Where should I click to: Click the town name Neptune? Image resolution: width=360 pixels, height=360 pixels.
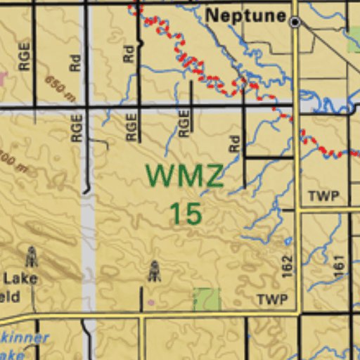pyautogui.click(x=245, y=15)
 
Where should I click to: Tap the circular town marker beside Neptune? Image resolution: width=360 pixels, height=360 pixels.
pyautogui.click(x=295, y=22)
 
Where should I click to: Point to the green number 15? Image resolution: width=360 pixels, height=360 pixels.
pyautogui.click(x=186, y=213)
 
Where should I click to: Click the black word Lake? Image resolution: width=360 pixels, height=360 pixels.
pyautogui.click(x=22, y=278)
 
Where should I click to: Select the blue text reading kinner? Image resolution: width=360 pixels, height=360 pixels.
pyautogui.click(x=26, y=338)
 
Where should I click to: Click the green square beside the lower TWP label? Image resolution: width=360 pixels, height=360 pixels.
pyautogui.click(x=207, y=299)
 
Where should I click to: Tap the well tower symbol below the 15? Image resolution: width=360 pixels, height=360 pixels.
pyautogui.click(x=154, y=271)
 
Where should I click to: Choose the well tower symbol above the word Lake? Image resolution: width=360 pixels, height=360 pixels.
pyautogui.click(x=31, y=256)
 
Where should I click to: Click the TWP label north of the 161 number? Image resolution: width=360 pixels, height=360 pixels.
pyautogui.click(x=323, y=196)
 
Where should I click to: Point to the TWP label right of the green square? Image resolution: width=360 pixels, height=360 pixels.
pyautogui.click(x=272, y=300)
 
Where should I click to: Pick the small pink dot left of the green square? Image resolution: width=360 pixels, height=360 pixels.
pyautogui.click(x=150, y=303)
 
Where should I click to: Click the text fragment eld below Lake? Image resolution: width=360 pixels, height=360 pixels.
pyautogui.click(x=11, y=297)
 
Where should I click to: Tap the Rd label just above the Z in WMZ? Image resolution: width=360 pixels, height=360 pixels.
pyautogui.click(x=234, y=145)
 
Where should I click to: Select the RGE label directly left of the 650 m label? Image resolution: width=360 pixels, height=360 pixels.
pyautogui.click(x=25, y=56)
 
